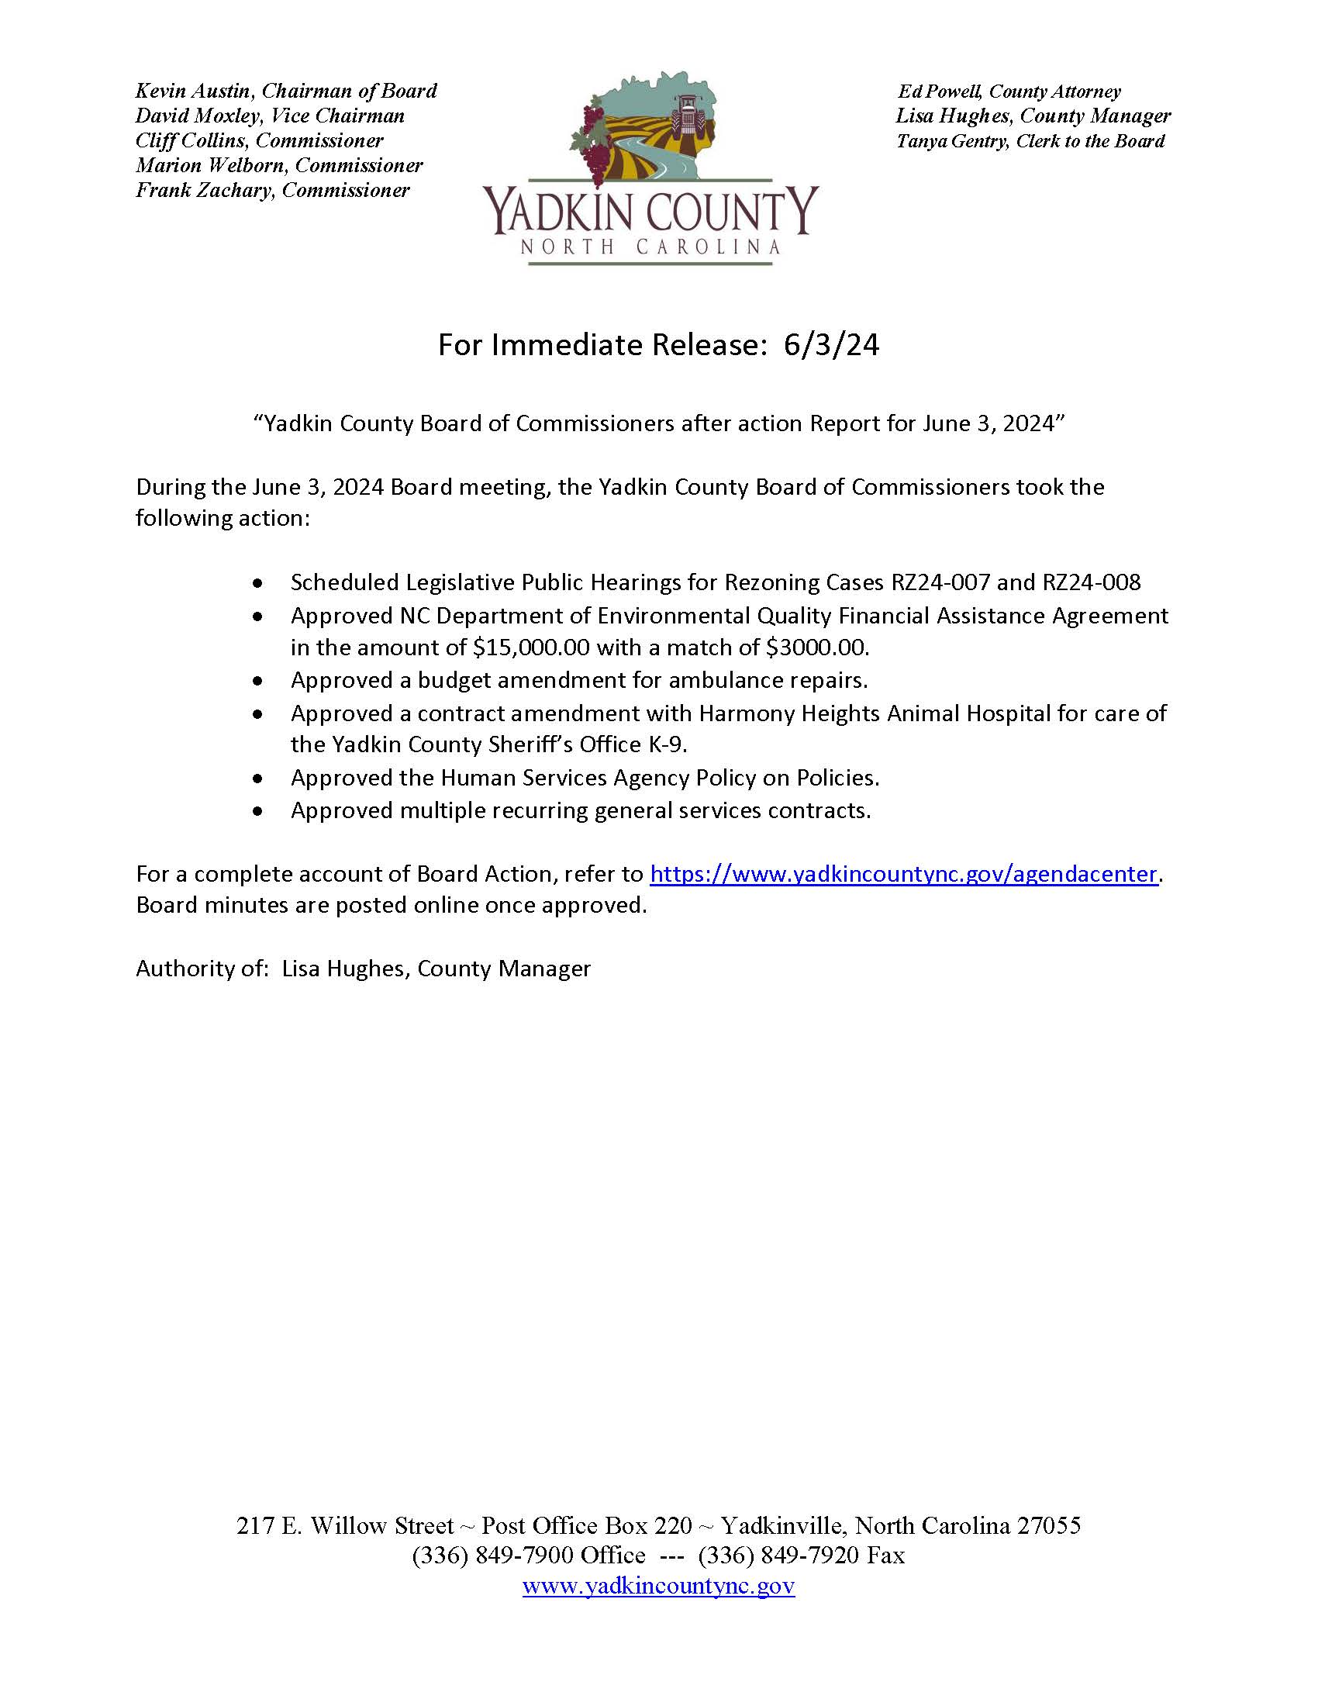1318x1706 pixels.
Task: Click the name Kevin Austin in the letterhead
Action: [x=192, y=92]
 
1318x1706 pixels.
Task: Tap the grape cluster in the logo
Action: [x=595, y=148]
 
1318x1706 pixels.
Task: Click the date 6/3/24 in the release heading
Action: [x=832, y=345]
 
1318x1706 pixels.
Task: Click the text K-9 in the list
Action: [x=667, y=744]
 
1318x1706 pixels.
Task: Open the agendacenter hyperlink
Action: [x=902, y=874]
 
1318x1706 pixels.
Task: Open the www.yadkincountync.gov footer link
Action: [x=658, y=1586]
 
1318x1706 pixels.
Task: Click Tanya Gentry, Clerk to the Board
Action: [x=1030, y=141]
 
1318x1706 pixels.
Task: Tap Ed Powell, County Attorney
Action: [x=1009, y=92]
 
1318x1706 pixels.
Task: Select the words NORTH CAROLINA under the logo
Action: [x=650, y=247]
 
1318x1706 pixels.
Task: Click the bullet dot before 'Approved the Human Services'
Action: [x=258, y=778]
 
